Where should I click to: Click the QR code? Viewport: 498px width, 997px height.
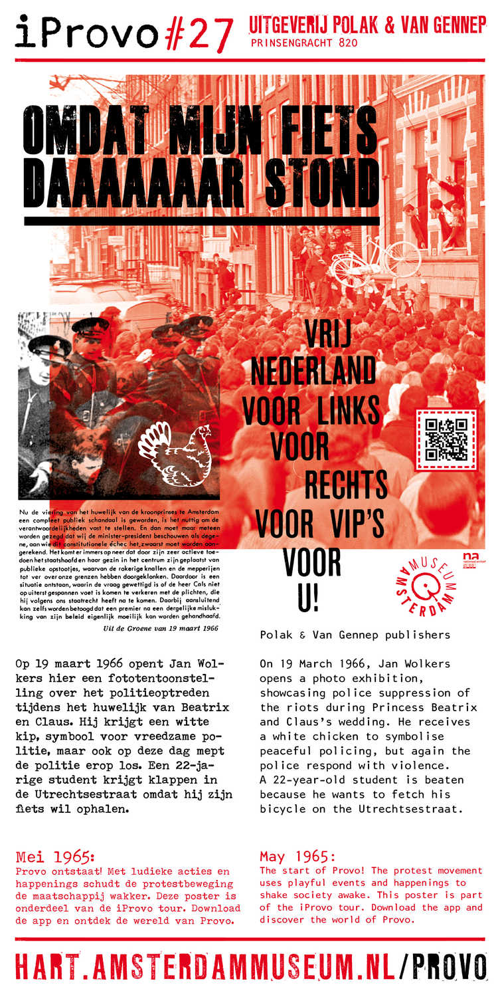(x=446, y=440)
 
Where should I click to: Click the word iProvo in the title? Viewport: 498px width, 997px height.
(x=86, y=32)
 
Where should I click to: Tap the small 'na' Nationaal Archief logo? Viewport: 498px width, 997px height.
(x=471, y=558)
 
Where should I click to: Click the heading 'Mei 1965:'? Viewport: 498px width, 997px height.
(x=55, y=855)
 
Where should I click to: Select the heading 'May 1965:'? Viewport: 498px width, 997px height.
(x=297, y=856)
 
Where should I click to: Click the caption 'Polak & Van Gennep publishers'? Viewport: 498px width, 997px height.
(x=355, y=635)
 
